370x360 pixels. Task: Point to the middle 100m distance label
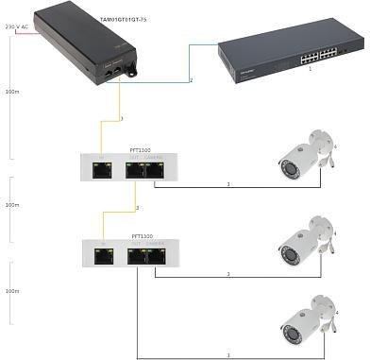tap(11, 204)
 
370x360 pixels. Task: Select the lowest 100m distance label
tap(11, 290)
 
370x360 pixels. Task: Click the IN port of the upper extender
tap(101, 170)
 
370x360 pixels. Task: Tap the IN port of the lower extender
tap(101, 253)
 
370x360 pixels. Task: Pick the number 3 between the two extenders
tap(137, 208)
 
